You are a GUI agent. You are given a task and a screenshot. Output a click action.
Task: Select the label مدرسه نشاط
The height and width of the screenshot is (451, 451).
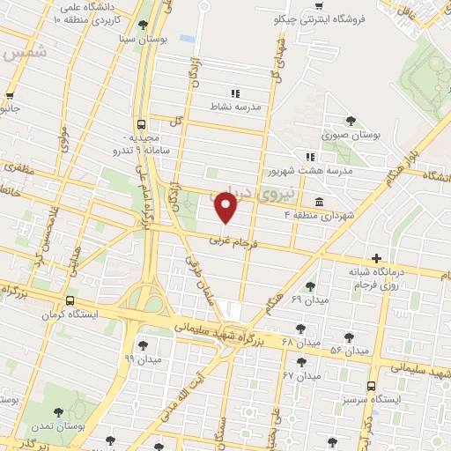coord(233,107)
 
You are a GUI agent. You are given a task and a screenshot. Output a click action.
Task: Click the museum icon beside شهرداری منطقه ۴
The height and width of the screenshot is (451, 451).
coord(316,202)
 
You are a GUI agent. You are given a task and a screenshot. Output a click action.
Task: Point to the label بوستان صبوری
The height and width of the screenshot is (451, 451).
coord(350,136)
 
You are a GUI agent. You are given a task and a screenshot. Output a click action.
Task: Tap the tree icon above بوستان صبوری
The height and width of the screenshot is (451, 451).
coord(351,121)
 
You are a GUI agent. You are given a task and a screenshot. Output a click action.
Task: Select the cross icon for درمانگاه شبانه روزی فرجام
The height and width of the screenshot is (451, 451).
coord(377,259)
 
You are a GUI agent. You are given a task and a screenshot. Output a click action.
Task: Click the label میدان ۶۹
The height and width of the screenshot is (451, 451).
coord(308,300)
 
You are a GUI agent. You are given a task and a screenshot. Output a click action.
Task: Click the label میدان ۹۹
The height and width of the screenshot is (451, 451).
coord(142,359)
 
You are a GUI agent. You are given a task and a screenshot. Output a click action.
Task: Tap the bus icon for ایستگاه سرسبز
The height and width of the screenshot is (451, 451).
coord(371,385)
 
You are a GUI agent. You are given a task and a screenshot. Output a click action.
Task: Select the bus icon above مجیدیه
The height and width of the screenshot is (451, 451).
coord(142,125)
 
